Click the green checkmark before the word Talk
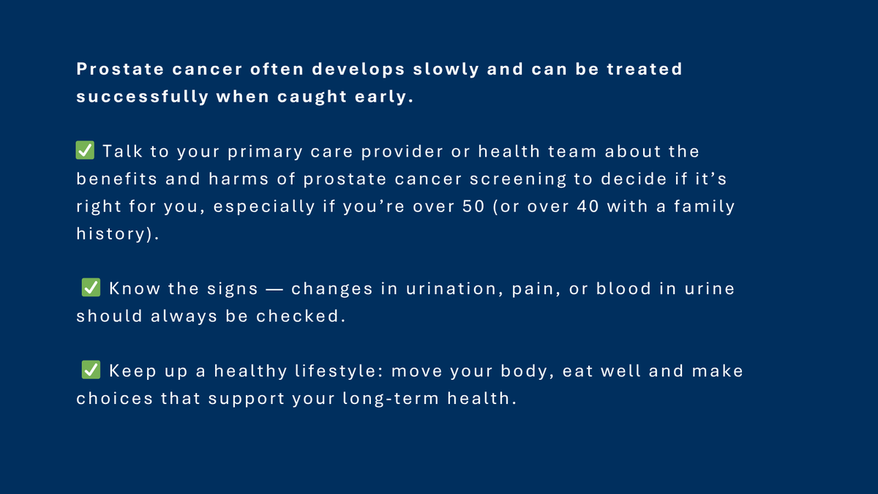tap(85, 151)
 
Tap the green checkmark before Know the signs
tap(91, 288)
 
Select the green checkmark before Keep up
tap(91, 370)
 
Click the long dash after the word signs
tap(275, 289)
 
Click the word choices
tap(115, 399)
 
